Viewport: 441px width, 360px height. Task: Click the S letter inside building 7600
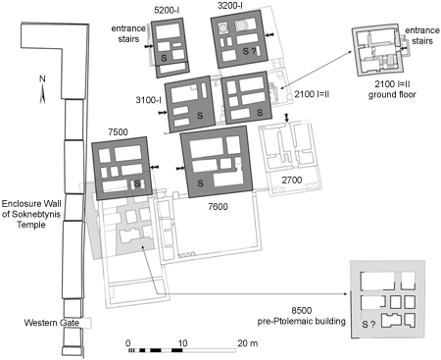tap(199, 183)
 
